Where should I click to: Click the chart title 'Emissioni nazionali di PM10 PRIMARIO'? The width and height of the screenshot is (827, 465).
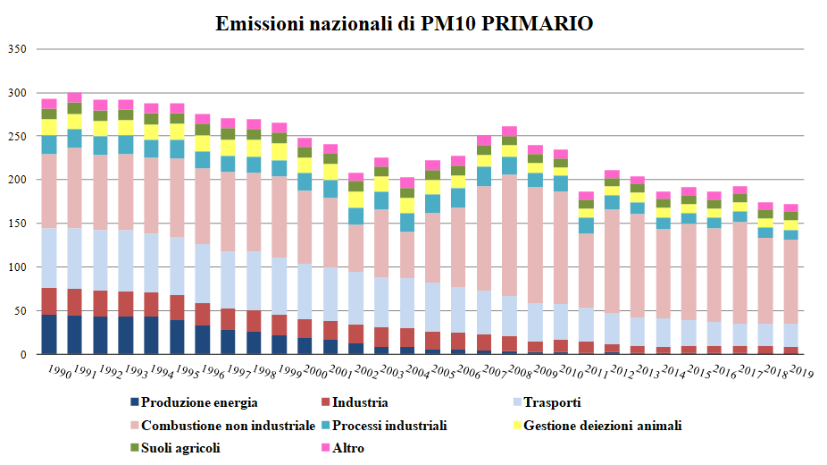pos(405,23)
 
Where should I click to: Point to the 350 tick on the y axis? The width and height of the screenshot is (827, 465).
pos(18,49)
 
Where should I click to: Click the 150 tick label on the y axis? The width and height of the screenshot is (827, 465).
pos(18,224)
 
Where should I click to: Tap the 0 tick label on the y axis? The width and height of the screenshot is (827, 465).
pos(25,355)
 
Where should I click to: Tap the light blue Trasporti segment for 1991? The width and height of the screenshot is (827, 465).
pos(74,258)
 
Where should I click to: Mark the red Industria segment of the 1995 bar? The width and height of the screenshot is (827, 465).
pos(178,308)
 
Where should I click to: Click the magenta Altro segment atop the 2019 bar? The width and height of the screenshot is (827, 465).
pos(790,207)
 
